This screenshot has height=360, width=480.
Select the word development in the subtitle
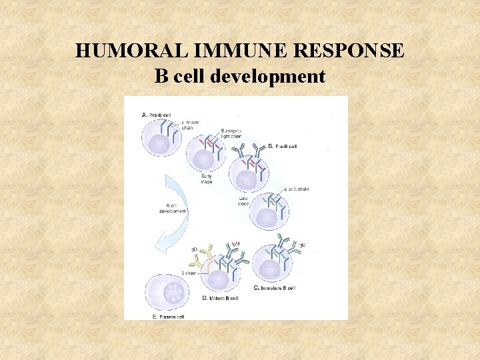267,77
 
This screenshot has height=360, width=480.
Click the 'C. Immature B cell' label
275,288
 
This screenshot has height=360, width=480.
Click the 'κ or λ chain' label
297,189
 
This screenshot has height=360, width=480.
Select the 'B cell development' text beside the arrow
173,208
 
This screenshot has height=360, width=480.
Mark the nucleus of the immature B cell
271,270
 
